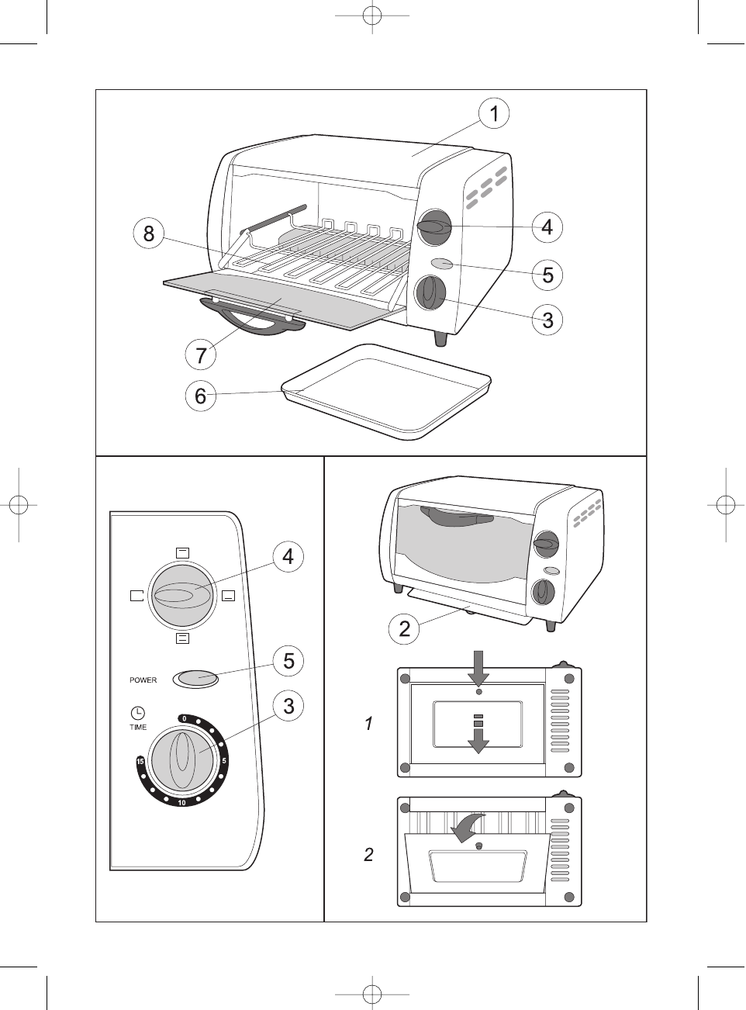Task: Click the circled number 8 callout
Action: [x=149, y=233]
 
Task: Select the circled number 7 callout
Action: [x=202, y=355]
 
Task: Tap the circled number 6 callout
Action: [x=201, y=396]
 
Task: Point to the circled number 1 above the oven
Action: [x=493, y=114]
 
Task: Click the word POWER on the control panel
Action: [x=143, y=680]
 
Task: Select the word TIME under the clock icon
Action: [x=138, y=727]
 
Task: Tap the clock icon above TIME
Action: [x=137, y=712]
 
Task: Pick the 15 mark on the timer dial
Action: [x=140, y=762]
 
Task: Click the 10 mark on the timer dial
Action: [x=181, y=802]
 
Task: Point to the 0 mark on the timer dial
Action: [x=184, y=718]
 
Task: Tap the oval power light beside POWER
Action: [x=195, y=679]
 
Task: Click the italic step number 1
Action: [x=369, y=724]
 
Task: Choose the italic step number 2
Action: [x=369, y=855]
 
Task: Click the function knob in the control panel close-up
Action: [x=181, y=595]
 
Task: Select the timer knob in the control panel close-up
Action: [x=181, y=759]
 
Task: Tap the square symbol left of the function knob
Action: [x=137, y=596]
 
